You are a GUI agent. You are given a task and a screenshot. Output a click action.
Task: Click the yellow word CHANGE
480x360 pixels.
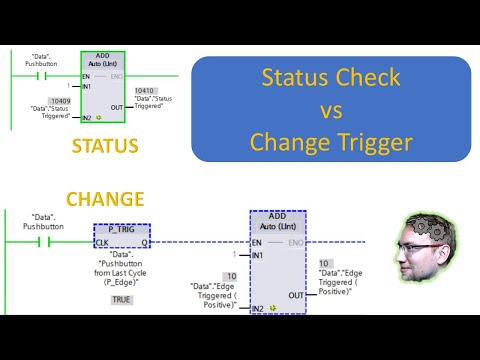[x=105, y=199]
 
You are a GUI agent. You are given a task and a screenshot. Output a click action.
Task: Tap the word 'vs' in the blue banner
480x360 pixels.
[x=331, y=110]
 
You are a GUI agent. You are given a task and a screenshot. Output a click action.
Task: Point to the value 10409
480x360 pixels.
[x=61, y=101]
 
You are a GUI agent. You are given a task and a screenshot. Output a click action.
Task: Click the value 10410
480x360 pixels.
[x=145, y=91]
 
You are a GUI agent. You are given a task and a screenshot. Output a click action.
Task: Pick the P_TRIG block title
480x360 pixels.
[x=121, y=229]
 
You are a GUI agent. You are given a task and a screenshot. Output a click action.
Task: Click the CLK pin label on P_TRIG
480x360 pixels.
[x=102, y=242]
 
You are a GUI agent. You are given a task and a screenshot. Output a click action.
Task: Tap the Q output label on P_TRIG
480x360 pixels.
[x=144, y=242]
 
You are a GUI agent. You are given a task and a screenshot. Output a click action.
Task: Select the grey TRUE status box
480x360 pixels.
[x=121, y=299]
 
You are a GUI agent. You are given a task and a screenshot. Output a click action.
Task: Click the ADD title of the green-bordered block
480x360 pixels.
[x=102, y=57]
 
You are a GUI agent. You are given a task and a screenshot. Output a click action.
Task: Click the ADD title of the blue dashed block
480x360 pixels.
[x=278, y=215]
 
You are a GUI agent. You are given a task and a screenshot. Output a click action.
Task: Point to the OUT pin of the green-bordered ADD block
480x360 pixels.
[x=117, y=107]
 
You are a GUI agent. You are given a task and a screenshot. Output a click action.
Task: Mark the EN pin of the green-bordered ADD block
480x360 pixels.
[x=87, y=75]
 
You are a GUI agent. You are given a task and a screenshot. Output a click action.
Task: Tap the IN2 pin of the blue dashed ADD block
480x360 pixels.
[x=259, y=308]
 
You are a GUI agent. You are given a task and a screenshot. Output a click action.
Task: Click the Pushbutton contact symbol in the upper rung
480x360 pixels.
[x=43, y=75]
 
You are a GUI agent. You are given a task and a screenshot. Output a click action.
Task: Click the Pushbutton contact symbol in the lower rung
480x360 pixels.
[x=43, y=242]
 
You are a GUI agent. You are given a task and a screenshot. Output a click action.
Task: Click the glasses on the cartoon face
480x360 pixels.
[x=428, y=255]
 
